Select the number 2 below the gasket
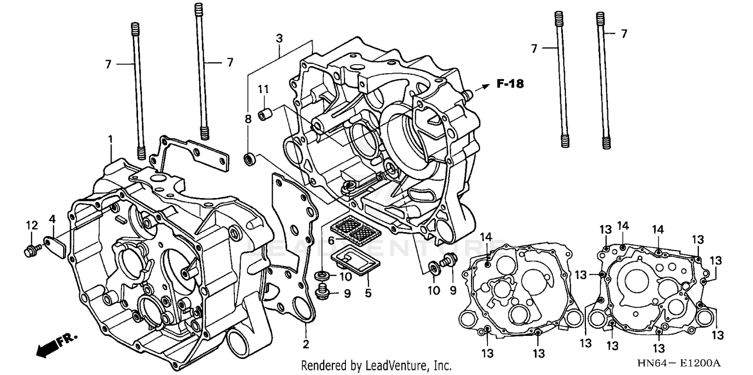(306, 344)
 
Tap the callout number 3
(279, 38)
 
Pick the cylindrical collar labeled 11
(265, 114)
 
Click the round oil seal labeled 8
(249, 159)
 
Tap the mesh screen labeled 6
(352, 229)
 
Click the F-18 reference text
(511, 84)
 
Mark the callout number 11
(264, 89)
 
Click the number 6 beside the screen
(331, 241)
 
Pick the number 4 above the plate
(52, 219)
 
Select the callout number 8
(247, 119)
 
